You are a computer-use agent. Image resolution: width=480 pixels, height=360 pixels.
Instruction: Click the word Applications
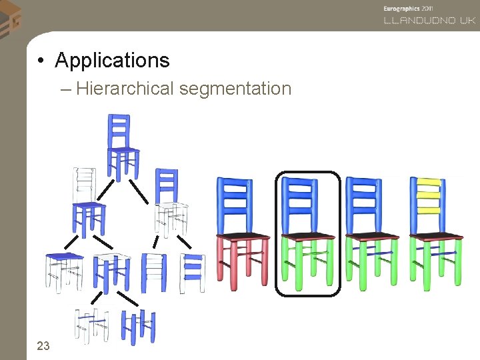[112, 61]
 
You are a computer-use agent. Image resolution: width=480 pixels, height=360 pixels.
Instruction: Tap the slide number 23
[43, 345]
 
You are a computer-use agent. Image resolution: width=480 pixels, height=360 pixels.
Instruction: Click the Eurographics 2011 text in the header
[409, 7]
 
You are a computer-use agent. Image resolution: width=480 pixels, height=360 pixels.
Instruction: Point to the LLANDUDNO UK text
[429, 20]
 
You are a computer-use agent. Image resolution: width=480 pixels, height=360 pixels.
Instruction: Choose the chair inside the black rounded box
[307, 233]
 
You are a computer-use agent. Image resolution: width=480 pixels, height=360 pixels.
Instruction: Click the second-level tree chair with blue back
[169, 200]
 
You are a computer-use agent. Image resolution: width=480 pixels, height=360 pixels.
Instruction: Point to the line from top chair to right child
[139, 191]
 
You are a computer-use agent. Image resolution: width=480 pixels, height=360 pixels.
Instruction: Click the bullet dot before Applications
[41, 61]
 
